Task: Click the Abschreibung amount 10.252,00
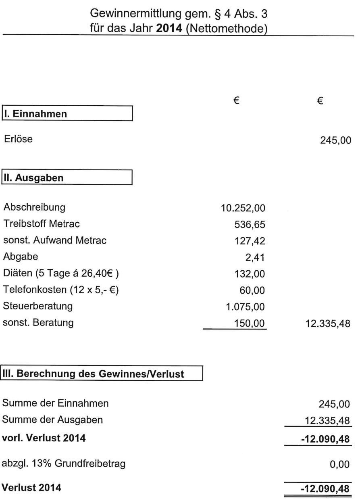tap(247, 209)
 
